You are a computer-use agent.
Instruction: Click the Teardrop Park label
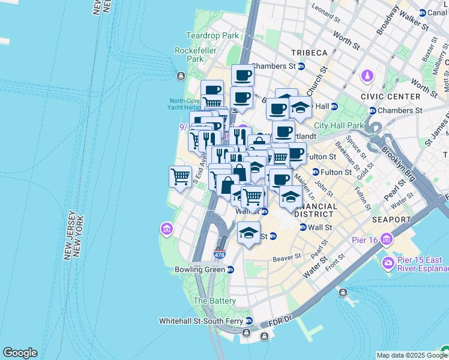coord(212,35)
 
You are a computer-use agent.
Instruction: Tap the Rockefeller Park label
coord(196,55)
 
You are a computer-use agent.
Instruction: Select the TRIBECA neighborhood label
coord(309,53)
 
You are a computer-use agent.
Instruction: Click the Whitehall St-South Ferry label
coord(200,321)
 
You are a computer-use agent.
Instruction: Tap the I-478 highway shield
coord(220,255)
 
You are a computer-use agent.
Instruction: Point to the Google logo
coord(20,353)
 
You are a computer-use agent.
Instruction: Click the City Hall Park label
coord(339,125)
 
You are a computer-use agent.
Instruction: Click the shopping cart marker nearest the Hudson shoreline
coord(180,176)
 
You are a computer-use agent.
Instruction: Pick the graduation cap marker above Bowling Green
coord(249,233)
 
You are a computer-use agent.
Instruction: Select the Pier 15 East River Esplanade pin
coord(388,263)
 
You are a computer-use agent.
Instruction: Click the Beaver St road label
coord(286,258)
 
